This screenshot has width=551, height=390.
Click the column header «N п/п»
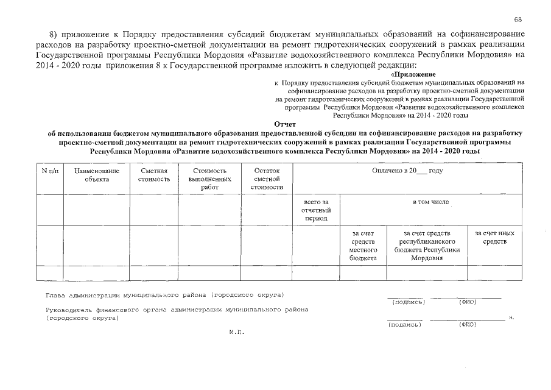tap(50, 172)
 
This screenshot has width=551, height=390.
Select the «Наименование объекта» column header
tap(97, 175)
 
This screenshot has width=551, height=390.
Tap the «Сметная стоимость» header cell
tap(153, 175)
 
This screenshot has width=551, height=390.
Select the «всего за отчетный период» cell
tap(316, 210)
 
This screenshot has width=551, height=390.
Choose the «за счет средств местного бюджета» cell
tap(363, 246)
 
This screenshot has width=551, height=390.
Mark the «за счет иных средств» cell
tap(494, 238)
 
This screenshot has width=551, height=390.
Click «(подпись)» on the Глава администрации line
tap(409, 302)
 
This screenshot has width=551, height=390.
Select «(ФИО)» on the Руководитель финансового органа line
tap(467, 324)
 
